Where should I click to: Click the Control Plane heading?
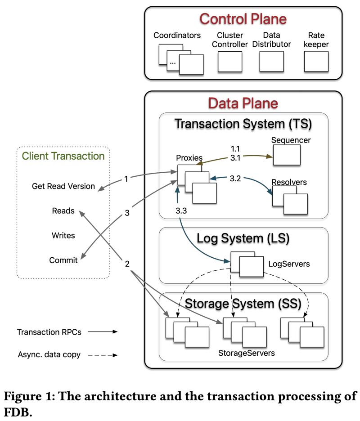(x=243, y=19)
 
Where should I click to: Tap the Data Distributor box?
(x=271, y=62)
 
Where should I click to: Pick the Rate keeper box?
(x=316, y=62)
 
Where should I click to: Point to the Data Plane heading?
(x=243, y=103)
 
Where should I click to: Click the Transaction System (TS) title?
(x=243, y=123)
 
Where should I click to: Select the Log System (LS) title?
(x=243, y=237)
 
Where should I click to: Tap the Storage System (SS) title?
(x=243, y=304)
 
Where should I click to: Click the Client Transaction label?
(x=63, y=157)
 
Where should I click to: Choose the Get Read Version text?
(x=63, y=186)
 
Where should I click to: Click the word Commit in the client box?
(x=63, y=260)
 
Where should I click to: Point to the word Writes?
(x=63, y=235)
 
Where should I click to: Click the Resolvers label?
(x=289, y=182)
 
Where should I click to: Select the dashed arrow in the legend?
(x=102, y=355)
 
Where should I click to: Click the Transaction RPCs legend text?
(x=49, y=332)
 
